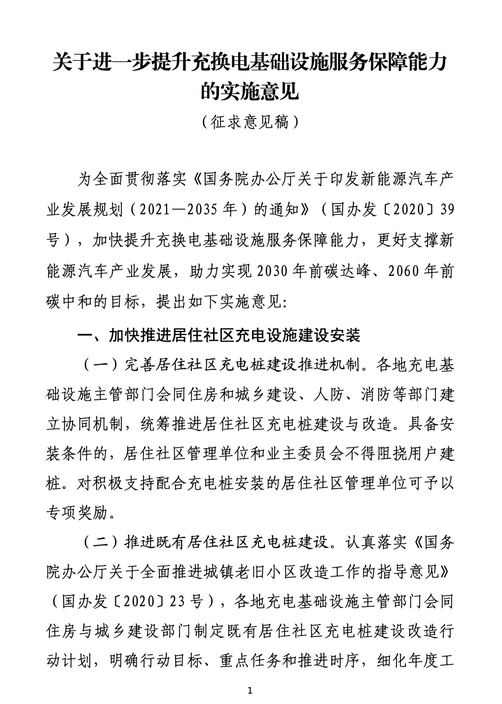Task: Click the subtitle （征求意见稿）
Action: tap(251, 121)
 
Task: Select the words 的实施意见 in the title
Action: tap(251, 92)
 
